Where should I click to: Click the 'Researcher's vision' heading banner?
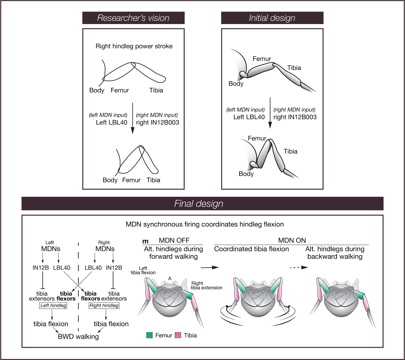pyautogui.click(x=133, y=18)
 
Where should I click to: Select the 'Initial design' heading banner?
pyautogui.click(x=272, y=18)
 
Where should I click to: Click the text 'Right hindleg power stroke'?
pyautogui.click(x=134, y=46)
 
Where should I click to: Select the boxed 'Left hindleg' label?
pyautogui.click(x=53, y=306)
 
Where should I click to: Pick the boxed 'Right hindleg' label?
pyautogui.click(x=104, y=306)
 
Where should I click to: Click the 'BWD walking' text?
pyautogui.click(x=78, y=337)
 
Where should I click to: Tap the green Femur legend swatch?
pyautogui.click(x=149, y=335)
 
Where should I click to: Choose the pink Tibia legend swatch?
pyautogui.click(x=178, y=335)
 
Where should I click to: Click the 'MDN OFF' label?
pyautogui.click(x=174, y=241)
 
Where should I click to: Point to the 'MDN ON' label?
pyautogui.click(x=292, y=241)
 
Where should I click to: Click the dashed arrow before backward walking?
pyautogui.click(x=299, y=267)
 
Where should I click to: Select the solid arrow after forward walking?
pyautogui.click(x=209, y=267)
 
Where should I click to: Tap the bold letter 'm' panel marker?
pyautogui.click(x=145, y=241)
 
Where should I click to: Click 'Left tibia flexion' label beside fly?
pyautogui.click(x=143, y=270)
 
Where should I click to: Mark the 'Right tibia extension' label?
pyautogui.click(x=206, y=285)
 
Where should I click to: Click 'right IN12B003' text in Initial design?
pyautogui.click(x=295, y=117)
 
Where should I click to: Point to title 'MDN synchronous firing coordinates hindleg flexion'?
pyautogui.click(x=205, y=224)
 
